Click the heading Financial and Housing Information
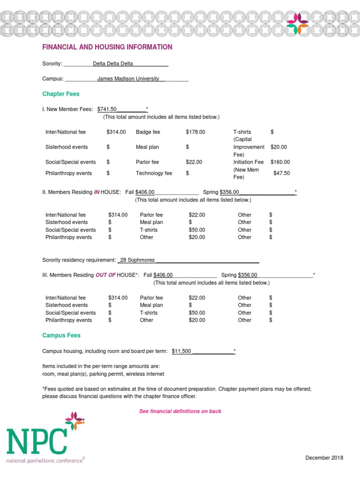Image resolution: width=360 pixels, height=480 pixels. click(107, 47)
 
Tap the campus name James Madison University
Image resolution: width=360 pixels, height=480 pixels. click(128, 79)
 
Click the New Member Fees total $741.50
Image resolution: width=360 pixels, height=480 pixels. click(107, 109)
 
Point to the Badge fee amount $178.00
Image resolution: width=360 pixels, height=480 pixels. click(195, 132)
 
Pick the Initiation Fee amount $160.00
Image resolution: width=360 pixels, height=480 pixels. click(280, 162)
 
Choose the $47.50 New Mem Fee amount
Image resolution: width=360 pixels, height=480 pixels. click(282, 173)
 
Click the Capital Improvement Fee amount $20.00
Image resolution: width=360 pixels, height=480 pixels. click(278, 147)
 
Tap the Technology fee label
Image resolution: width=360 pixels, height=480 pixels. click(154, 173)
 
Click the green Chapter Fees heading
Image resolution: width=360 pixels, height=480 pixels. click(61, 94)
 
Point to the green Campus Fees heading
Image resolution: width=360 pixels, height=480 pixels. click(61, 336)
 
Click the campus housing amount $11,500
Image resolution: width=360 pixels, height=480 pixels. click(181, 351)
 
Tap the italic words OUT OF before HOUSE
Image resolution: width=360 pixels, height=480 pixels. click(105, 275)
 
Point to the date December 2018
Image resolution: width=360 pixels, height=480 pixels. click(324, 458)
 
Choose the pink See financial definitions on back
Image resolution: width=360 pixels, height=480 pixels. click(180, 412)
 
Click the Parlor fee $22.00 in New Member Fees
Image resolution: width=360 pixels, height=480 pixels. click(194, 162)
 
